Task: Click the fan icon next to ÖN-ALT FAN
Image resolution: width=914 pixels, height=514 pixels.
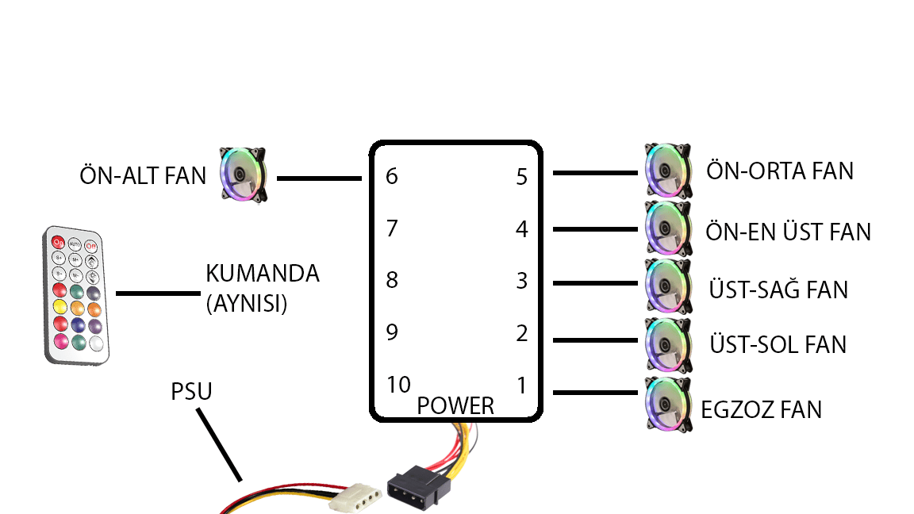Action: point(243,173)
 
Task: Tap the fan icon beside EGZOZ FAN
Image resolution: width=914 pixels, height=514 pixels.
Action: point(667,405)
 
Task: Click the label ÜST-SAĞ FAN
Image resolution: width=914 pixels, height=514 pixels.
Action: point(778,290)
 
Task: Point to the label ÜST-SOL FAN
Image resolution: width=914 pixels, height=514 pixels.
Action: point(778,344)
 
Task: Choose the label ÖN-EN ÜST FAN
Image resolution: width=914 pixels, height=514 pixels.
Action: point(788,232)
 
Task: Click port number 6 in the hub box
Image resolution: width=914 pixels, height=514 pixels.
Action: point(392,176)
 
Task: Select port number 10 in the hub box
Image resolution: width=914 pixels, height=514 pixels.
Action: point(398,385)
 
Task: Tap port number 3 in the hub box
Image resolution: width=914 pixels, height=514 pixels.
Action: point(521,281)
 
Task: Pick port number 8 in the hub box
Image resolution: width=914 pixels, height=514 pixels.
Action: point(392,281)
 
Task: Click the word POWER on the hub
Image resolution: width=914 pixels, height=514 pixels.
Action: point(455,406)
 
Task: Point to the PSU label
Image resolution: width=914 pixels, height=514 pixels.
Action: point(191,392)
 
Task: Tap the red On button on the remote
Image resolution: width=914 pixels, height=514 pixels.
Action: point(57,242)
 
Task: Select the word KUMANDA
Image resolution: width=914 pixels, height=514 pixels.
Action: point(262,274)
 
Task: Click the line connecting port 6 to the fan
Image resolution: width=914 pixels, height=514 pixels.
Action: point(318,178)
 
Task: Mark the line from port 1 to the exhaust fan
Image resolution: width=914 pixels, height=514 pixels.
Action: point(595,392)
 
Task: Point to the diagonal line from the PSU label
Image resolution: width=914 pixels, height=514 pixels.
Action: point(219,444)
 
